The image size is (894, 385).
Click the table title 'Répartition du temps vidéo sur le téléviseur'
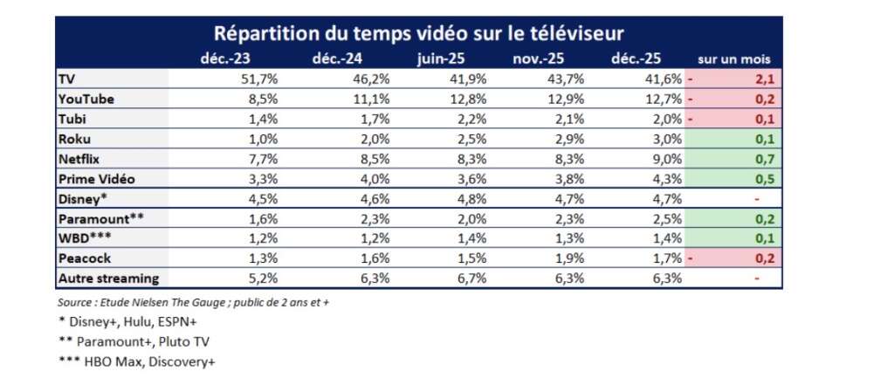[x=419, y=33]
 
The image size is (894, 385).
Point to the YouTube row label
[x=86, y=99]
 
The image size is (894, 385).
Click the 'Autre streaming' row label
[x=108, y=278]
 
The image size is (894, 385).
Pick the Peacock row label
[x=84, y=258]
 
